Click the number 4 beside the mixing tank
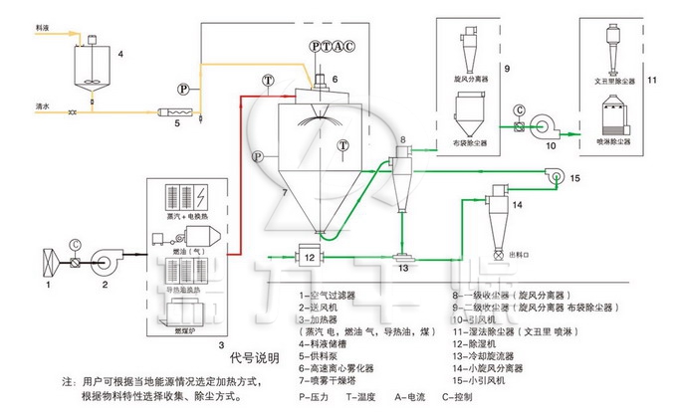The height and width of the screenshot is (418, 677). point(119,51)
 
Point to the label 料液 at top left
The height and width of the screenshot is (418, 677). point(14,31)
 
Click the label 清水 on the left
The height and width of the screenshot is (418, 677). point(13,104)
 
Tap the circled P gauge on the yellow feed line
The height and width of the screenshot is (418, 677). point(183,89)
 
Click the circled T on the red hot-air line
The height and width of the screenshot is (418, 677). point(267,80)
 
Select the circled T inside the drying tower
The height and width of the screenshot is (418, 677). point(343,145)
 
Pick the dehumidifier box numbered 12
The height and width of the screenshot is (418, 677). point(310,257)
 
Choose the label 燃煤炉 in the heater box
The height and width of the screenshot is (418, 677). point(187,327)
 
